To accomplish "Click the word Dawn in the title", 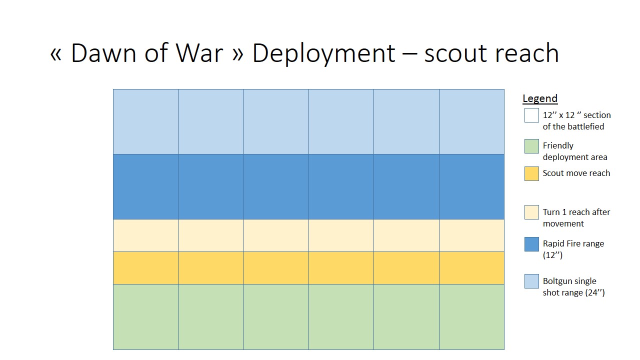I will coord(103,53).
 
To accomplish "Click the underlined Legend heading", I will coord(540,98).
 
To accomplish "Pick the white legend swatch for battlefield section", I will coord(531,115).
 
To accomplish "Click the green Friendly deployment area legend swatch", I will coord(531,146).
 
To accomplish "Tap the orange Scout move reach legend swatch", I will coord(531,173).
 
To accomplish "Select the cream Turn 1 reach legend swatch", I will coord(531,212).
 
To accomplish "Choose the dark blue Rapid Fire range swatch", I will coord(531,244).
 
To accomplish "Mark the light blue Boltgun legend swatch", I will coord(531,281).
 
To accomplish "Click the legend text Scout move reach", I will coord(576,173).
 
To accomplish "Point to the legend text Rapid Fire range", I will coord(573,249).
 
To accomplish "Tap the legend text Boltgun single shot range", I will coord(573,286).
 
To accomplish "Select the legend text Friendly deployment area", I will coord(574,151).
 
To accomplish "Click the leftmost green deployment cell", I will coord(146,316).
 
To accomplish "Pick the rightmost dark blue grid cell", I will coord(471,186).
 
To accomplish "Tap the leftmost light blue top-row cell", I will coord(146,121).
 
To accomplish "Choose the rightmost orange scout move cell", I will coord(471,267).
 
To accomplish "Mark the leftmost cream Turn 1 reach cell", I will coord(146,235).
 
